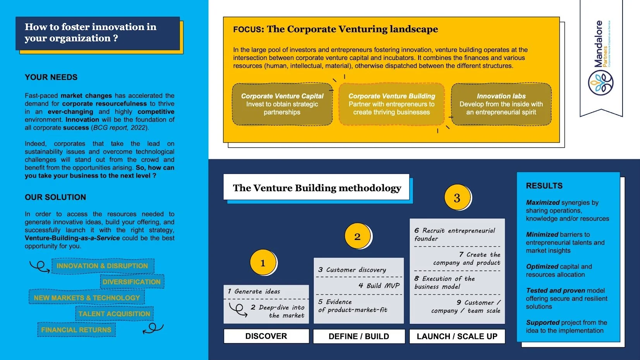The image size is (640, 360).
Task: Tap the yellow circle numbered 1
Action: tap(263, 263)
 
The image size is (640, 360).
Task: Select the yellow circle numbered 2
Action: tap(357, 237)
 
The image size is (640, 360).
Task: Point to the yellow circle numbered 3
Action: tap(457, 198)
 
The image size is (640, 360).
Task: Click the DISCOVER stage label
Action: tap(266, 336)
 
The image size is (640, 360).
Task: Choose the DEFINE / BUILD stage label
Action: tap(359, 336)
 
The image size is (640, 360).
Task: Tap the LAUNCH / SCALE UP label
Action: tap(457, 336)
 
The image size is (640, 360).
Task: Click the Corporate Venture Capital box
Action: tap(282, 104)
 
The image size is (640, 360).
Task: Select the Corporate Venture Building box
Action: tap(391, 104)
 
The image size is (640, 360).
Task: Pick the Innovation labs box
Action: tap(501, 104)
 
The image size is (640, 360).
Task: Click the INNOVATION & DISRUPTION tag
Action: tap(102, 266)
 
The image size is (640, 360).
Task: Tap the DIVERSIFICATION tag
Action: tap(132, 282)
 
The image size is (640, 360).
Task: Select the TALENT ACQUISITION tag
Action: tap(114, 314)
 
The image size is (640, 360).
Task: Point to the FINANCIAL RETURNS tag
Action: tap(76, 330)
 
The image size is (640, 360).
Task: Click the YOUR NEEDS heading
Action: tap(51, 77)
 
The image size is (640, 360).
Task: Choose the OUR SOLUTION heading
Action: tap(55, 197)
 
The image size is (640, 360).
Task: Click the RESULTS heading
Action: tap(544, 186)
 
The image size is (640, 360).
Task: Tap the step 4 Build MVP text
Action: tap(379, 286)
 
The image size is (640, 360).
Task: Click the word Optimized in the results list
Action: tap(542, 266)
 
